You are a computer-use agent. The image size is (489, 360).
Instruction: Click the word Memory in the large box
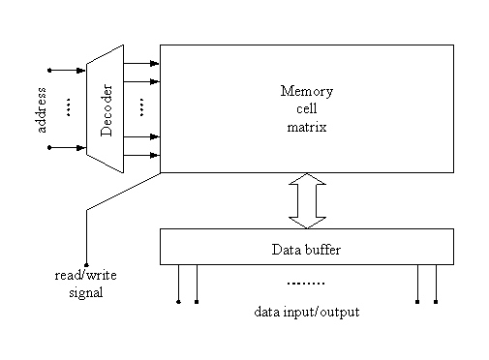click(307, 92)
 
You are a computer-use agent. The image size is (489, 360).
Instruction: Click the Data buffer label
click(306, 249)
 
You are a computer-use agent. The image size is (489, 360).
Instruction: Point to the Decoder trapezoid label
click(107, 108)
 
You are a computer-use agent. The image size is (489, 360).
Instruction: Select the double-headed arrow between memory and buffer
click(307, 200)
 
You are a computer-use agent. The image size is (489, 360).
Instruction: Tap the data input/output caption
click(306, 312)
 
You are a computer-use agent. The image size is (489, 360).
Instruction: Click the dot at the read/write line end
click(87, 265)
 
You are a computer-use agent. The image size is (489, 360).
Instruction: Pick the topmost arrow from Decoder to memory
click(141, 64)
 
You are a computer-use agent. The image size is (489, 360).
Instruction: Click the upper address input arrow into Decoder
click(68, 70)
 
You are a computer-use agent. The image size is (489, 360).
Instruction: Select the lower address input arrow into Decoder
click(68, 147)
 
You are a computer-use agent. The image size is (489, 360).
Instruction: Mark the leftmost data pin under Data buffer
click(178, 300)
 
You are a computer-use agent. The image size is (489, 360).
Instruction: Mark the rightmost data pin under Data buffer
click(436, 300)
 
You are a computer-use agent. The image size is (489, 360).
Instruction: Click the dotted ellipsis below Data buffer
click(306, 284)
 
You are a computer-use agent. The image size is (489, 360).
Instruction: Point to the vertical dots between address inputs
click(69, 108)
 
